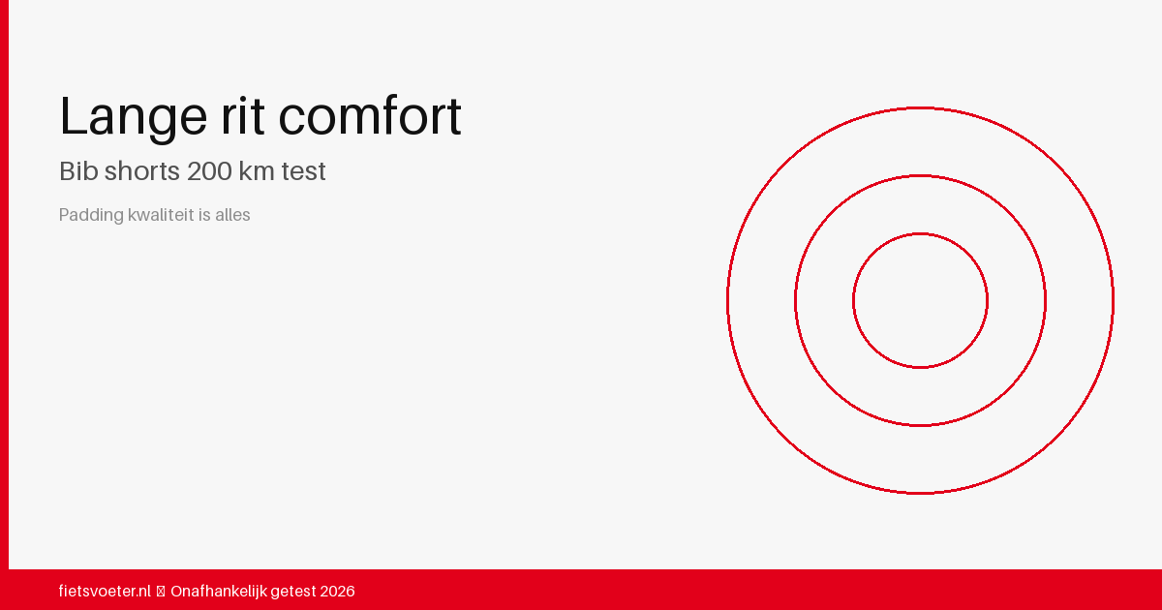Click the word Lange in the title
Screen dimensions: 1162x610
pos(134,118)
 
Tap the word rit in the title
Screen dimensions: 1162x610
pos(243,115)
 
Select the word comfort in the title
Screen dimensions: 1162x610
pos(370,115)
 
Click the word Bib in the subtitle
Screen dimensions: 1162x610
pos(78,170)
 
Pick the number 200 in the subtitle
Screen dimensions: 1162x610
pos(209,171)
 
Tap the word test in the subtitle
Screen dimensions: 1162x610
pos(303,171)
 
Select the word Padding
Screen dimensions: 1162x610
pos(91,215)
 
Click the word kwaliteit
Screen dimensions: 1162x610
pos(161,214)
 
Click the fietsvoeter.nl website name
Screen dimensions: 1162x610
pos(105,591)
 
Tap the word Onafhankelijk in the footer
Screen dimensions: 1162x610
pos(219,591)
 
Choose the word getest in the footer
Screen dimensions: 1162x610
pos(293,592)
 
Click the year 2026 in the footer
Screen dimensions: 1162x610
pos(337,592)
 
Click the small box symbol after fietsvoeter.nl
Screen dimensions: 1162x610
pos(161,592)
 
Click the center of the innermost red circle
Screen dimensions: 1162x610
pos(920,301)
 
